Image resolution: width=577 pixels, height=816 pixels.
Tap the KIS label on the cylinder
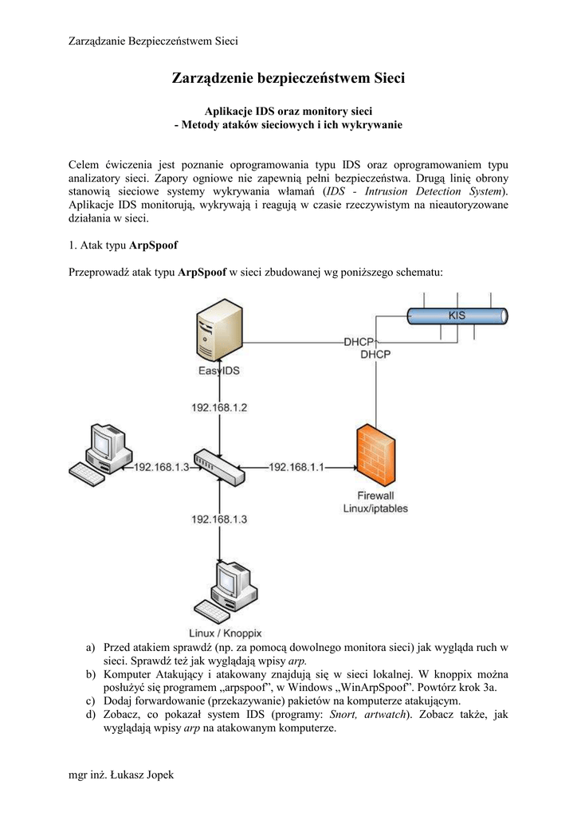(457, 316)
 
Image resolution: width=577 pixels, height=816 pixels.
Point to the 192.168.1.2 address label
(219, 407)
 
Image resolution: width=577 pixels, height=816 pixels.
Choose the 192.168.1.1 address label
(296, 468)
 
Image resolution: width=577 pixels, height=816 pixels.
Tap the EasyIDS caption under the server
(219, 371)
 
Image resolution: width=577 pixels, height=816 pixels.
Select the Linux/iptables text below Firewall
(375, 508)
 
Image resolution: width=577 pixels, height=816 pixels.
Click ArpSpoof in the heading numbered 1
(153, 245)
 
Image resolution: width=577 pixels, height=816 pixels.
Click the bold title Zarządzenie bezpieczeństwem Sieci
(288, 78)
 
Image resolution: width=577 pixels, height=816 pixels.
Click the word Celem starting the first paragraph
(86, 164)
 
